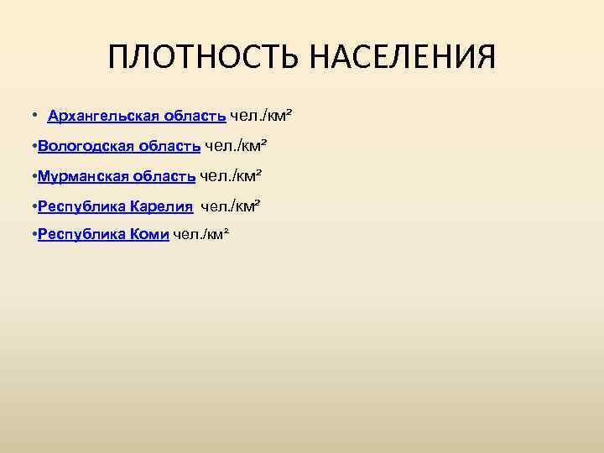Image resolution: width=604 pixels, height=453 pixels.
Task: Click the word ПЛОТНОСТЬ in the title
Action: coord(203,58)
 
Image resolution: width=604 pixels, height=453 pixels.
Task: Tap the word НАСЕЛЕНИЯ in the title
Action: coord(401,58)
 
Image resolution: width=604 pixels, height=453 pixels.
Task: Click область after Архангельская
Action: coord(195,115)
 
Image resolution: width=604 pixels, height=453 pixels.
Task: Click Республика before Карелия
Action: coord(81,206)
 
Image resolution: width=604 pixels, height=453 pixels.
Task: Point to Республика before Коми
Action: coord(81,235)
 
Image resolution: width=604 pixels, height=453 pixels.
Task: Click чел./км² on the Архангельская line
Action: coord(262,115)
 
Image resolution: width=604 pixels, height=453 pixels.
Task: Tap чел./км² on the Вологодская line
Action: coord(235,146)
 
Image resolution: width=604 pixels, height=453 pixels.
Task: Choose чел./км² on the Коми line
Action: coord(200,235)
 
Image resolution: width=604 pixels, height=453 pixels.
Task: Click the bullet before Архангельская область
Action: coord(33,115)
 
